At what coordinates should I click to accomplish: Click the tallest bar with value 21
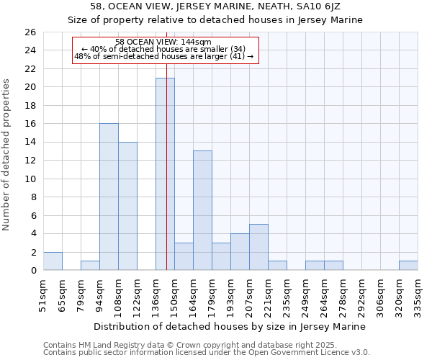[165, 174]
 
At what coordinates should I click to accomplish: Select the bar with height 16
[109, 197]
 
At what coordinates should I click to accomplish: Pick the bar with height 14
[127, 206]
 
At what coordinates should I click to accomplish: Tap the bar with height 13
[202, 210]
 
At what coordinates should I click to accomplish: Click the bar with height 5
[258, 247]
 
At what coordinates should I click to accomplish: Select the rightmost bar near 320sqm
[408, 265]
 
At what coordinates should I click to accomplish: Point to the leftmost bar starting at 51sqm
[53, 261]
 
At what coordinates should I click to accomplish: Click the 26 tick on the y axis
[30, 32]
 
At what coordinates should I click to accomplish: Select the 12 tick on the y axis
[30, 179]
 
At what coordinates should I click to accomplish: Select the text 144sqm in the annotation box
[195, 42]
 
